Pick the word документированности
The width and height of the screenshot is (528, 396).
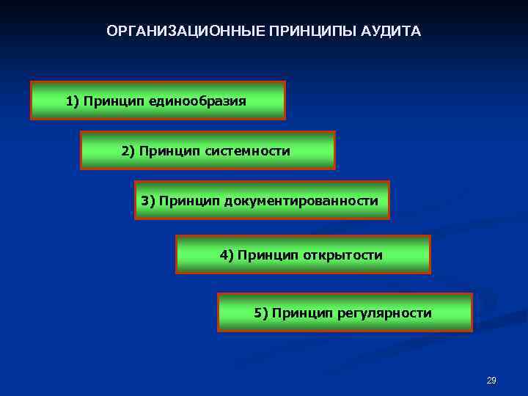click(x=308, y=200)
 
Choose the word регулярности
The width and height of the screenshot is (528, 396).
click(x=384, y=313)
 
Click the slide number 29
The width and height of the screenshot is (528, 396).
click(x=491, y=381)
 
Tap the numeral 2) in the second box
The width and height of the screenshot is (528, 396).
click(x=128, y=151)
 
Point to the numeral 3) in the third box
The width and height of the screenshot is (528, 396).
click(x=148, y=200)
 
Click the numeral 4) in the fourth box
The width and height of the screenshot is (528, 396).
click(x=227, y=255)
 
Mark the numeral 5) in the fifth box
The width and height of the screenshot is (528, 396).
click(x=261, y=313)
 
